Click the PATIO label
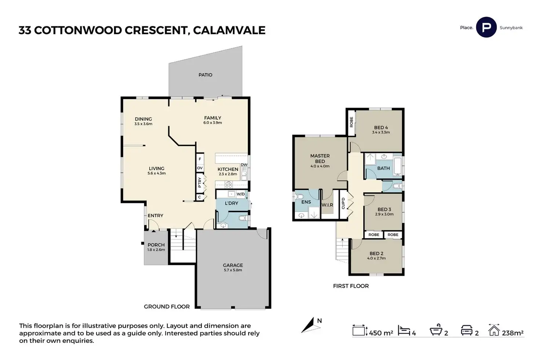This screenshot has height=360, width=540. tap(205, 75)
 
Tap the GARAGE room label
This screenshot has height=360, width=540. tap(233, 265)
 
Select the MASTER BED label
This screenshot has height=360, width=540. tap(320, 158)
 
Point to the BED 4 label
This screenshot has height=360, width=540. tap(381, 128)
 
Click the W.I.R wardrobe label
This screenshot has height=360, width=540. tap(327, 205)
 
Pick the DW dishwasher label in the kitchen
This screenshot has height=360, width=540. tap(244, 165)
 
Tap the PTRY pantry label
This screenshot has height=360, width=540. tap(200, 182)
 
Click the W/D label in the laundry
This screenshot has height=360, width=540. tap(241, 194)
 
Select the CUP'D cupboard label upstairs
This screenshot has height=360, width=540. tap(343, 203)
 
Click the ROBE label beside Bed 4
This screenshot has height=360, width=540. tap(351, 122)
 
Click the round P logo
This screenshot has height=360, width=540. tap(486, 27)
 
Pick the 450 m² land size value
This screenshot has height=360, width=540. tap(381, 333)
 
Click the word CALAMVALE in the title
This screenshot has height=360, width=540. tap(229, 30)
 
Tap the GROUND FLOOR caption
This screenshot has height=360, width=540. tap(167, 306)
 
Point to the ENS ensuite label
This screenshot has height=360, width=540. tap(306, 202)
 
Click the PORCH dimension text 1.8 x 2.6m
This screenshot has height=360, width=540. tap(156, 250)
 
